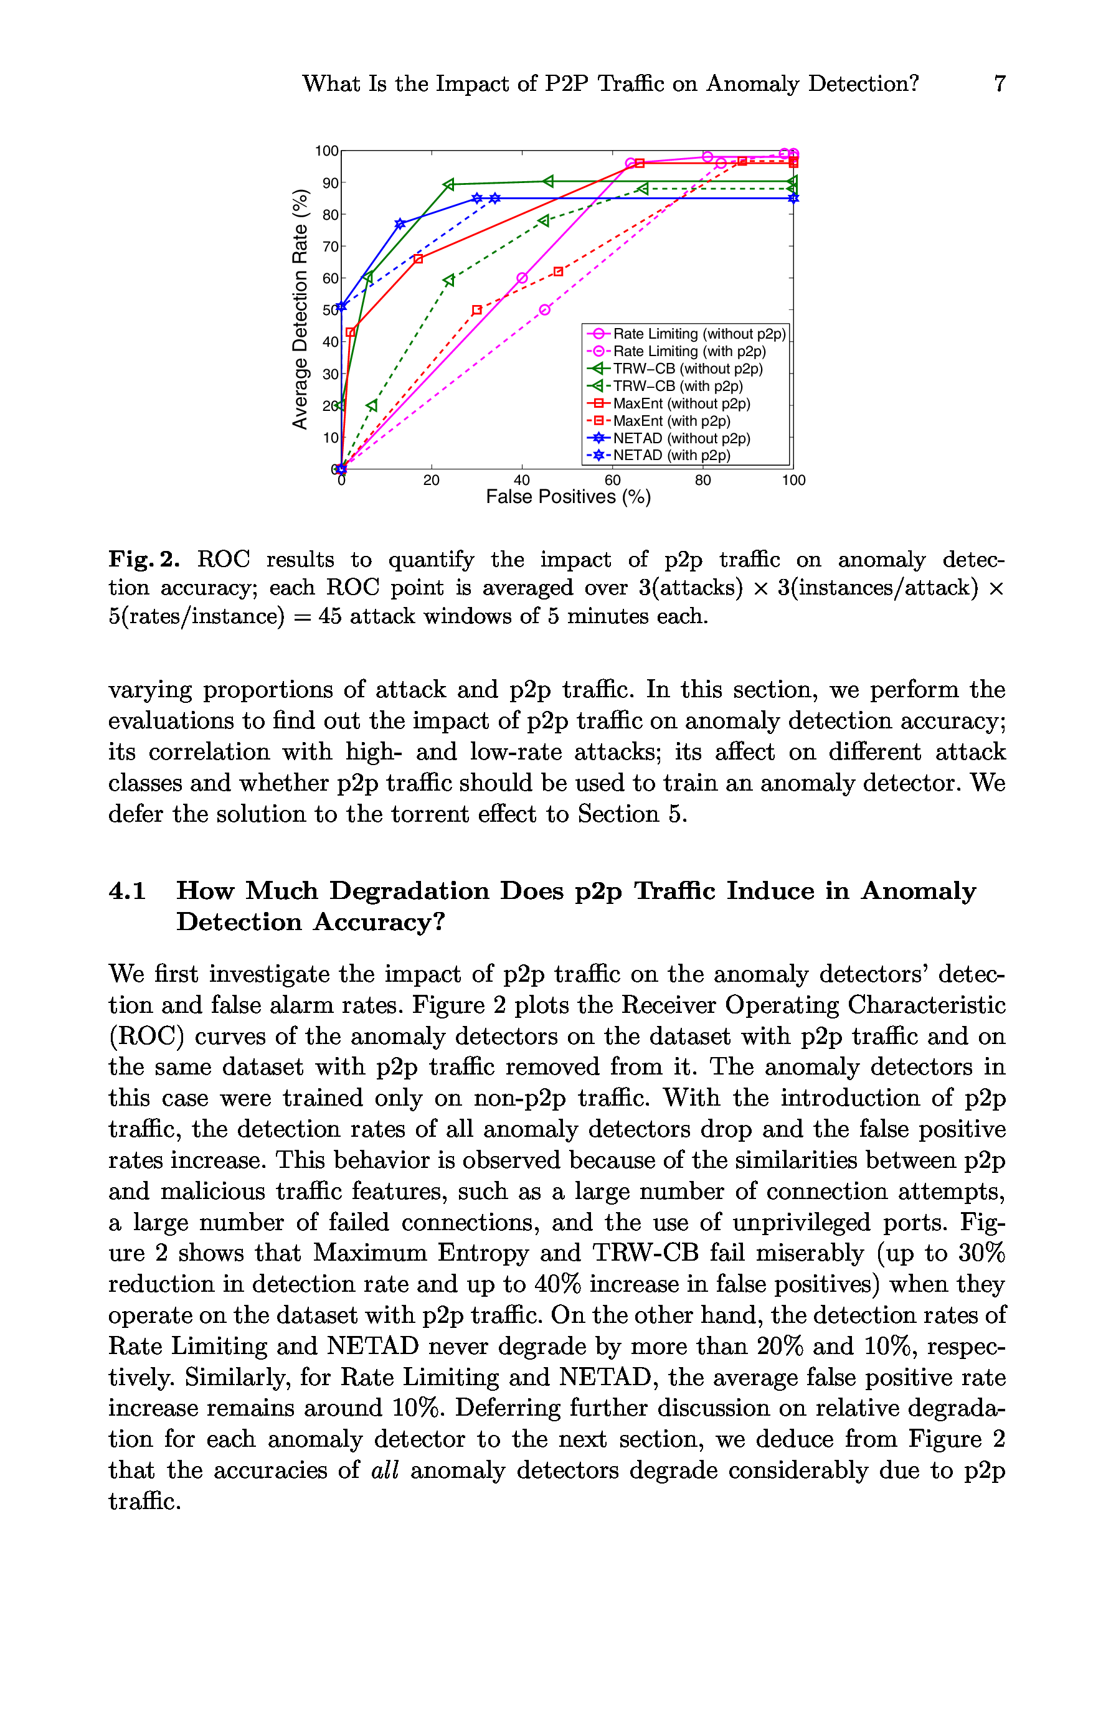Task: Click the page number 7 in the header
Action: tap(999, 83)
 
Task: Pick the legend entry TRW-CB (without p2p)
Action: tap(687, 369)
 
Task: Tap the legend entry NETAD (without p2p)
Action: tap(681, 438)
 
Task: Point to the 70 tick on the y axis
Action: tap(330, 247)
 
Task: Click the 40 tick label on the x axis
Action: tap(522, 481)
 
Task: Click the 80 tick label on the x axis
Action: tap(703, 481)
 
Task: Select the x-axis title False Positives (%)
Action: tap(568, 497)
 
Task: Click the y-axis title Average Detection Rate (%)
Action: tap(300, 309)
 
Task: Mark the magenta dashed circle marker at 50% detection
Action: tap(545, 310)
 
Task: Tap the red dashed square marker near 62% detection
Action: tap(559, 272)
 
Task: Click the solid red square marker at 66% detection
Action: tap(418, 259)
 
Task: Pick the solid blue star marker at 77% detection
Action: tap(400, 223)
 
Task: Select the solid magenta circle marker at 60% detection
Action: tap(523, 278)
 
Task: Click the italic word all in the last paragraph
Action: tap(384, 1470)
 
